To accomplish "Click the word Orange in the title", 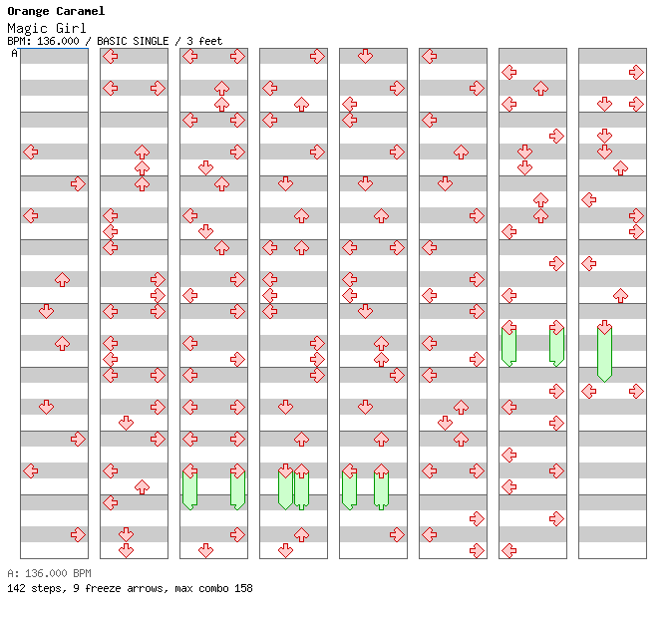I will click(27, 12).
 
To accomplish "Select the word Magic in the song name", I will click(27, 28).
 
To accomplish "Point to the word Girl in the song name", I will click(70, 28).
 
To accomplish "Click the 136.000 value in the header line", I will click(59, 42).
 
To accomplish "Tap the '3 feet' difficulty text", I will click(204, 42).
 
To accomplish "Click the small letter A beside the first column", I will click(14, 54).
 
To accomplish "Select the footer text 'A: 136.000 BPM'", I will click(49, 574).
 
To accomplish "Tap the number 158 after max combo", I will click(242, 588).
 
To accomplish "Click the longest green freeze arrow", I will click(604, 352).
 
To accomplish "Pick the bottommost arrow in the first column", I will click(78, 534).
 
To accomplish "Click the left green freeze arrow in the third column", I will click(189, 487).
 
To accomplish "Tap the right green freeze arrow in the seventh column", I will click(556, 344).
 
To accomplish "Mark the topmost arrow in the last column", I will click(636, 72).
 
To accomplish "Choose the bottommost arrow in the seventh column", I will click(508, 550).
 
